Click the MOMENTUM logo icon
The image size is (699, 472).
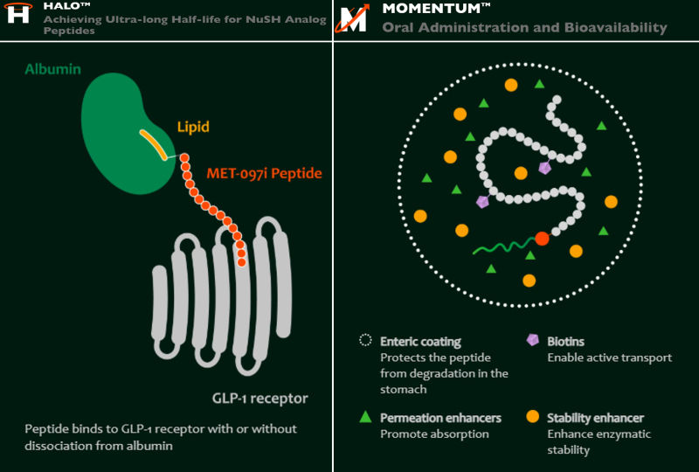tap(353, 18)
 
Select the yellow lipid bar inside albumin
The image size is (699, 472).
tap(153, 144)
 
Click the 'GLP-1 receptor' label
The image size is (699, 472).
tap(260, 399)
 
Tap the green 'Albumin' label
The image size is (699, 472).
tap(53, 69)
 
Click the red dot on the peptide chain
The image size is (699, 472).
tap(542, 238)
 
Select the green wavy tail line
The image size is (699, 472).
tap(503, 247)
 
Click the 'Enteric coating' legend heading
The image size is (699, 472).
tap(420, 342)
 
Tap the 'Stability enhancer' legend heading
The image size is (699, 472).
tap(595, 418)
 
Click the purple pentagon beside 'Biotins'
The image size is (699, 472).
tap(532, 341)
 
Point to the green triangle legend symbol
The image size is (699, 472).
tap(365, 418)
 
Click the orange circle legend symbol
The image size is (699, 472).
tap(532, 418)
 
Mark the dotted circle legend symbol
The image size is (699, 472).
tap(365, 341)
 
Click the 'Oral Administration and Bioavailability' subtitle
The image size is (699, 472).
tap(524, 28)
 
